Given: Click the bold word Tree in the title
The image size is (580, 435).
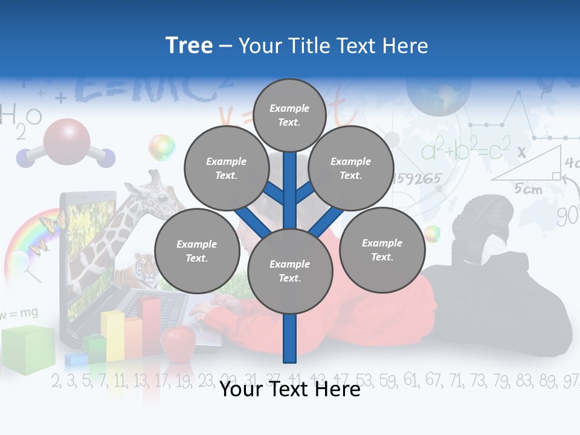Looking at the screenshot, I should pyautogui.click(x=189, y=45).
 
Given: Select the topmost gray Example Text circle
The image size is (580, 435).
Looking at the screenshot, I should pyautogui.click(x=289, y=115).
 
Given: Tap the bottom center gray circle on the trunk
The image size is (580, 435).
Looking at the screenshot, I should pyautogui.click(x=289, y=271).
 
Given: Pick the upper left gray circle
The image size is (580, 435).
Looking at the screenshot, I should pyautogui.click(x=227, y=168).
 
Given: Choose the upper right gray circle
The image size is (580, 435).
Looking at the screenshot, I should pyautogui.click(x=351, y=168).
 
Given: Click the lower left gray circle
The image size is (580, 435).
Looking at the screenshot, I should pyautogui.click(x=197, y=251).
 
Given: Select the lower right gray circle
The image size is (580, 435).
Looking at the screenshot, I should pyautogui.click(x=382, y=250).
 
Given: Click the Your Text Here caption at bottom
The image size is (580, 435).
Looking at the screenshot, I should pyautogui.click(x=289, y=390).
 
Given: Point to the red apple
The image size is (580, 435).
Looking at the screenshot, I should pyautogui.click(x=178, y=342).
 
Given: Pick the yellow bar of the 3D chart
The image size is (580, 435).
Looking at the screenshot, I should pyautogui.click(x=112, y=334).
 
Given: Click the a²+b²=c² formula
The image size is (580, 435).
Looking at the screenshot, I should pyautogui.click(x=465, y=150).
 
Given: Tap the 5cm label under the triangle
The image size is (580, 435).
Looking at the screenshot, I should pyautogui.click(x=527, y=189).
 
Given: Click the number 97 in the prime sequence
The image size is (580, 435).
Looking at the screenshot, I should pyautogui.click(x=570, y=381).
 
